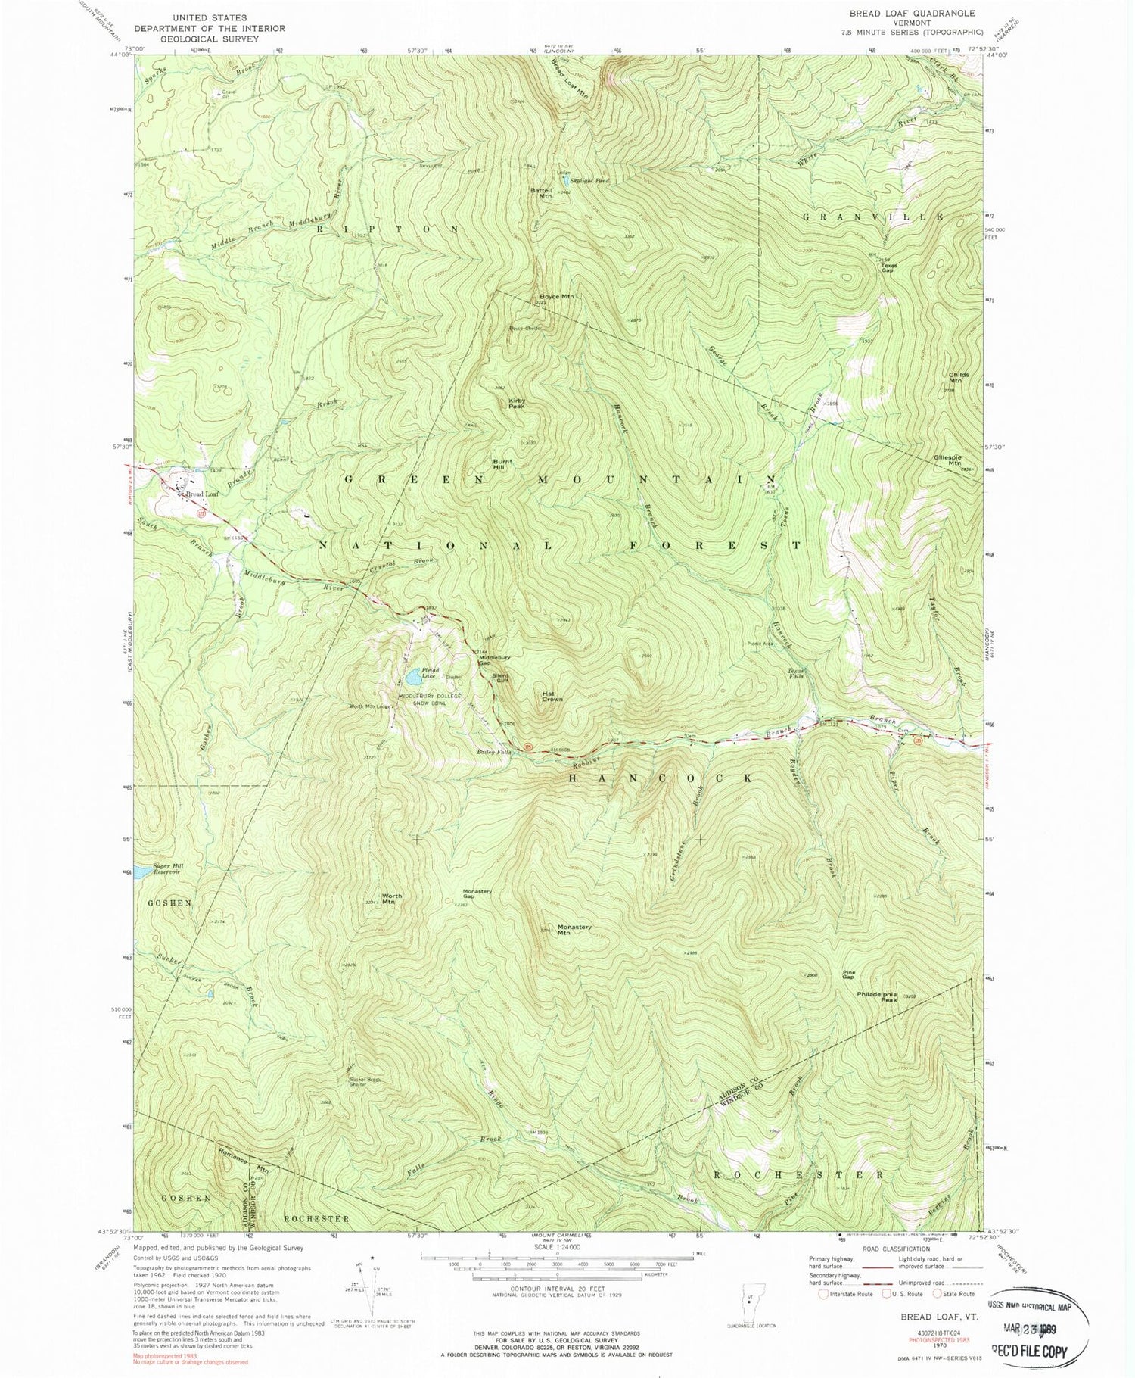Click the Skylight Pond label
tap(592, 181)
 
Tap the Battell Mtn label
tap(543, 192)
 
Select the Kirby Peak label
tap(517, 404)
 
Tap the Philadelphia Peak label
tap(877, 996)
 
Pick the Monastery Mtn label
tap(574, 930)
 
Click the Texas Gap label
tap(887, 268)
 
